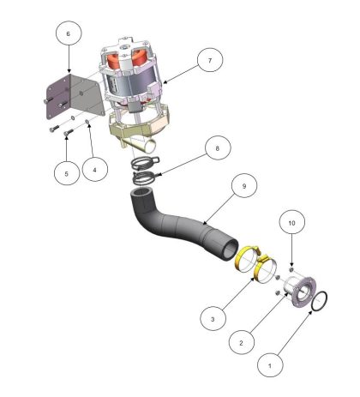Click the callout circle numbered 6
69,33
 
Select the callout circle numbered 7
210,60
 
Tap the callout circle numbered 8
218,148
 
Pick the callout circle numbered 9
244,185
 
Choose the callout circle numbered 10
292,222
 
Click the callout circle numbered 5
67,172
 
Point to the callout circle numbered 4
95,169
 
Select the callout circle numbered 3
213,318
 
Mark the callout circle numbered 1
270,364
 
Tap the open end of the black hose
230,250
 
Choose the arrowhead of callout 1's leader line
311,312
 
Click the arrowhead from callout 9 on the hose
205,224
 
